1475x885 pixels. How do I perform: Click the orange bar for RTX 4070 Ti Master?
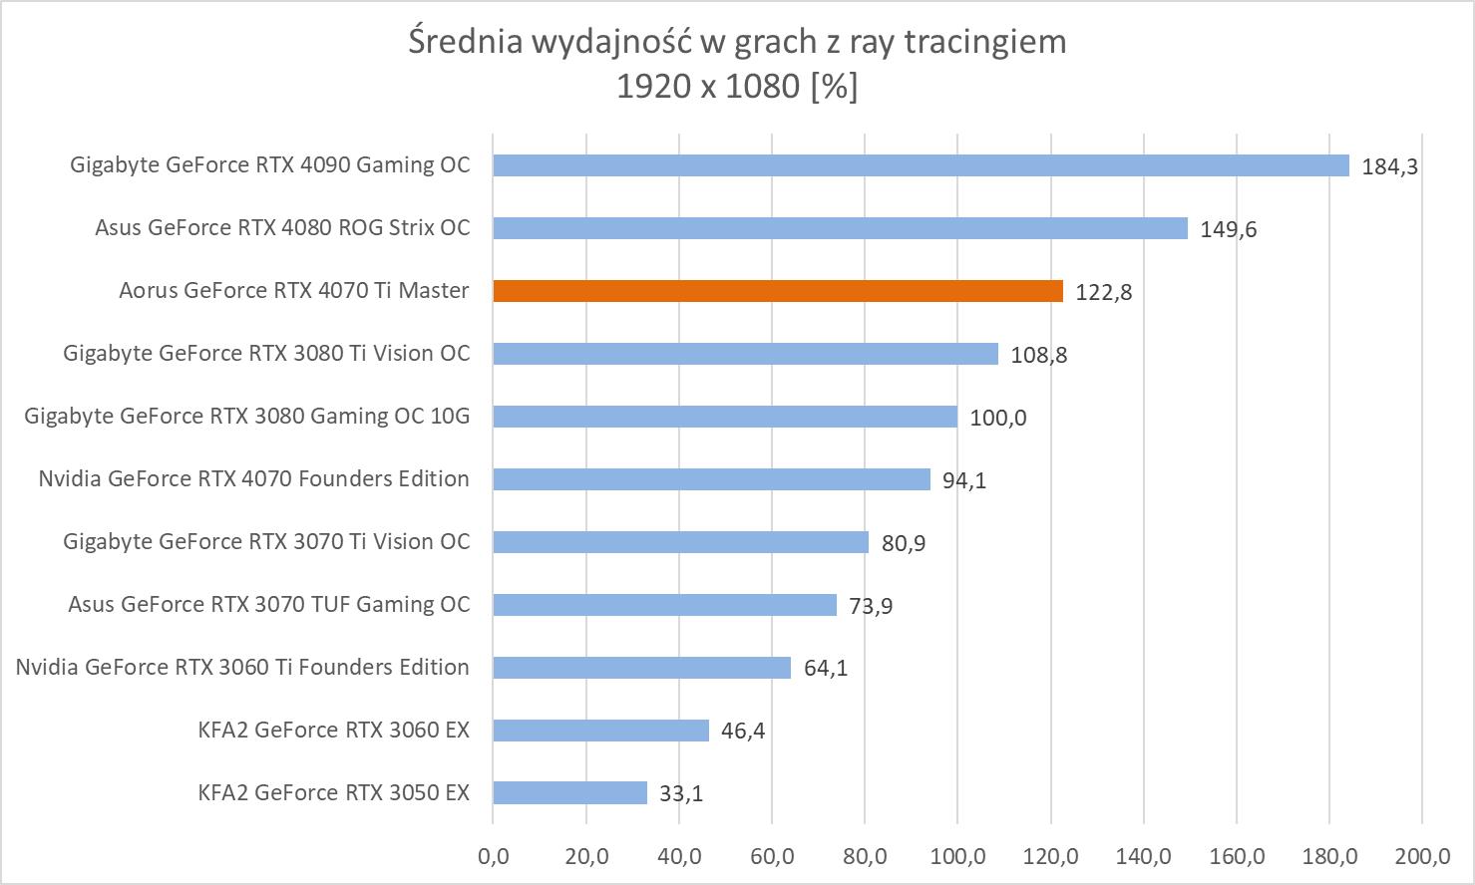point(778,291)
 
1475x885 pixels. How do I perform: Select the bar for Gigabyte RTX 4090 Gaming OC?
point(921,165)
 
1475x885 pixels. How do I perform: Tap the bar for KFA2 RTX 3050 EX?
point(569,793)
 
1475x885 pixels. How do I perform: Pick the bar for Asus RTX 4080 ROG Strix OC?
point(840,228)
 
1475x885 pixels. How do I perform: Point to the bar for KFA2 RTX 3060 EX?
point(600,731)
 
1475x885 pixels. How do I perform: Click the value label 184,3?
point(1389,167)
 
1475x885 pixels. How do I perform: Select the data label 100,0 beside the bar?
point(997,419)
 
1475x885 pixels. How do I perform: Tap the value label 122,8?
point(1103,293)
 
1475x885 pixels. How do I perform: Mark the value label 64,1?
point(826,669)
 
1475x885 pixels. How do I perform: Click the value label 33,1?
point(681,794)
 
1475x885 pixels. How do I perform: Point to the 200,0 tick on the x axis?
point(1422,856)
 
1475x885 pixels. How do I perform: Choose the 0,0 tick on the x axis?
point(493,856)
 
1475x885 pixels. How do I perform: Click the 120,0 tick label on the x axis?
point(1050,856)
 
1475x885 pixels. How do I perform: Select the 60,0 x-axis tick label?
point(772,856)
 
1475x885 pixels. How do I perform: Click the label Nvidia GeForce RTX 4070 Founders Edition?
point(253,479)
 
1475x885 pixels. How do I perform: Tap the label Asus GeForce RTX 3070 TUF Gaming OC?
point(268,605)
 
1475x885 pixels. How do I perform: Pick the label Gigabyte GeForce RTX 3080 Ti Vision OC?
point(266,354)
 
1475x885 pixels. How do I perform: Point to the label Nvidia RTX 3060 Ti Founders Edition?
point(242,668)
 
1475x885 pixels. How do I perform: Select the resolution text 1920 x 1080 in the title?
point(708,88)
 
